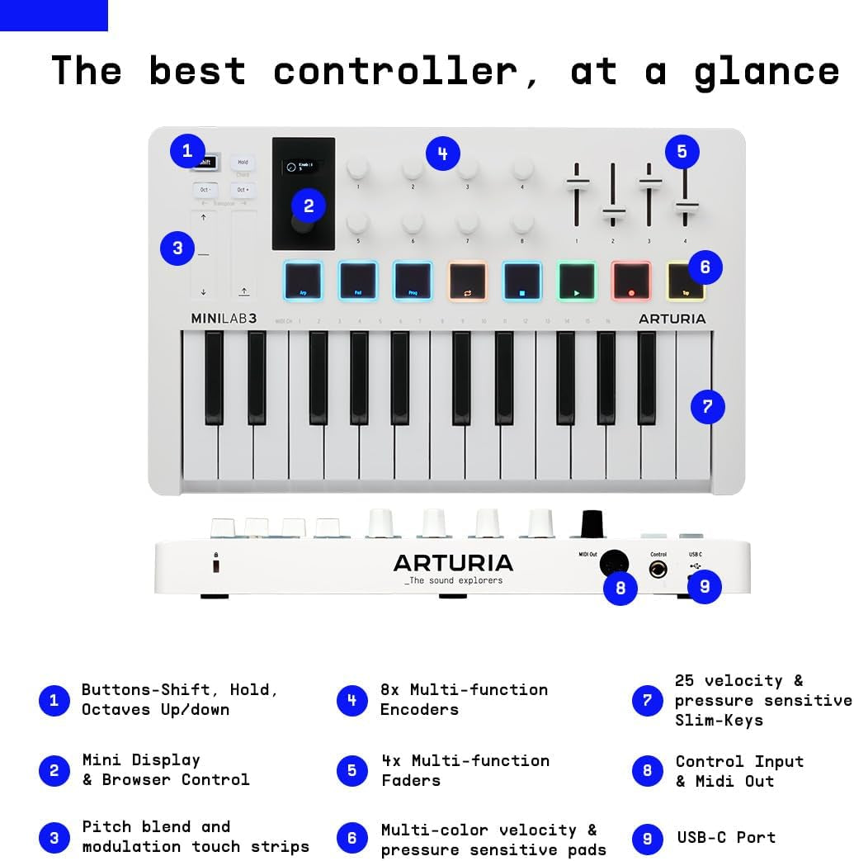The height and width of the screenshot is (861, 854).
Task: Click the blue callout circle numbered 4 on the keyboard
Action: (443, 154)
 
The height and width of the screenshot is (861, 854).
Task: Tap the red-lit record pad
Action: (631, 281)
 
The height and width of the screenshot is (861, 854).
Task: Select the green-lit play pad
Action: (577, 281)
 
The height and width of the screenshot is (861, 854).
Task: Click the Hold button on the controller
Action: (243, 163)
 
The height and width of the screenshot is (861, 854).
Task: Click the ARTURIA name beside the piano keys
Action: (672, 319)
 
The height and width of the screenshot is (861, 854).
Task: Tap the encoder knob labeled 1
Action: (358, 168)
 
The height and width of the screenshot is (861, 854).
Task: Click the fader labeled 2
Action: (613, 215)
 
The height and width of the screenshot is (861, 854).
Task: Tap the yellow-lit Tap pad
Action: (686, 281)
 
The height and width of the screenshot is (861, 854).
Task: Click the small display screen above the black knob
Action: (304, 166)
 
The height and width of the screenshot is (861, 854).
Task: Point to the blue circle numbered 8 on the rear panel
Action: (620, 588)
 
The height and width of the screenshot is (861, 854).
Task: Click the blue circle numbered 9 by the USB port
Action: (705, 586)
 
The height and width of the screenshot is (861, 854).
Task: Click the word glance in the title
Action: (767, 72)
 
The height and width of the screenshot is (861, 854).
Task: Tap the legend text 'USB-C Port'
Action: (726, 837)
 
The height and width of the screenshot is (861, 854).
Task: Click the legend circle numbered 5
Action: (352, 770)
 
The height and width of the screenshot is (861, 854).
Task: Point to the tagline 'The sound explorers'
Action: (453, 580)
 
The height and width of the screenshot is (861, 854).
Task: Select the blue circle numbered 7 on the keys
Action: (707, 406)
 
